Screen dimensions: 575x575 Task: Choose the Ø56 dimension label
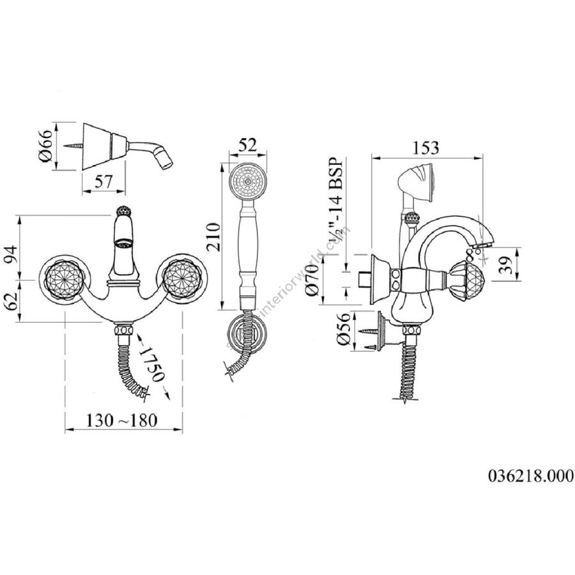coord(340,330)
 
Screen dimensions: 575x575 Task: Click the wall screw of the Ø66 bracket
coord(72,146)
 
